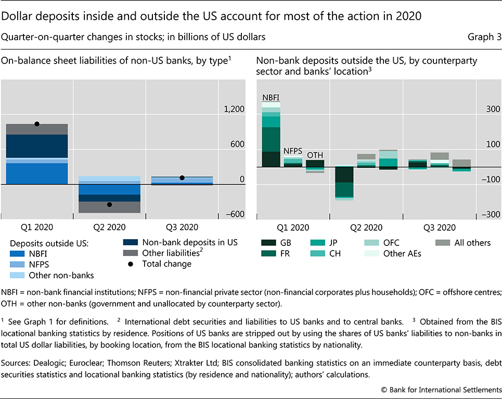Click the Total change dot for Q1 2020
(x=36, y=124)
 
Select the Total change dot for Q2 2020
(x=109, y=204)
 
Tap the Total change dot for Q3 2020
(x=182, y=178)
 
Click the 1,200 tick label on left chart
(x=234, y=109)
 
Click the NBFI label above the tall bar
(x=271, y=97)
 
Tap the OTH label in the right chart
(x=315, y=155)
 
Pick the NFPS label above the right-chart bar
(x=293, y=151)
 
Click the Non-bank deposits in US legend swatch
(x=130, y=242)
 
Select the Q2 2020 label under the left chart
(x=109, y=227)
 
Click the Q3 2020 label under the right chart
(x=439, y=228)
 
